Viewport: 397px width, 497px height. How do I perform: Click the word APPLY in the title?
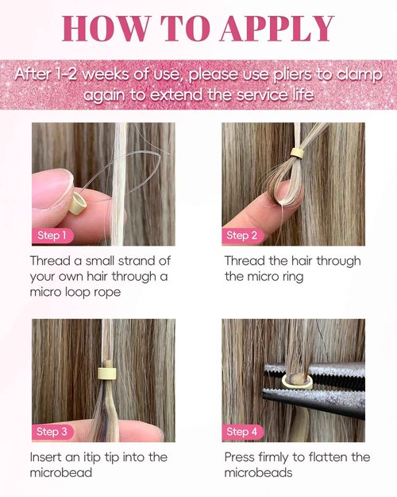click(277, 28)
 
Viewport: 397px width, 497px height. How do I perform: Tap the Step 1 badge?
click(52, 235)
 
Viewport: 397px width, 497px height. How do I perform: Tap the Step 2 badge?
click(242, 235)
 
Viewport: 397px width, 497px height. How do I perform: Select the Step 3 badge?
click(52, 432)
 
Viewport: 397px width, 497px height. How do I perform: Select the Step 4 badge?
click(242, 432)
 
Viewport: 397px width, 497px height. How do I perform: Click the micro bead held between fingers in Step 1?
click(79, 204)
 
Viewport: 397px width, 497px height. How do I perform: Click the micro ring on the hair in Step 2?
click(297, 153)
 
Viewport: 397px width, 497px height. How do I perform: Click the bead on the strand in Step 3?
click(107, 374)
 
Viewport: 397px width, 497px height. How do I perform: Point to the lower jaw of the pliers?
click(314, 399)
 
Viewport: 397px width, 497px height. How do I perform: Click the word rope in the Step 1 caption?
click(107, 293)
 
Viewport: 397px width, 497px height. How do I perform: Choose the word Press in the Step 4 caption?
click(239, 457)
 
